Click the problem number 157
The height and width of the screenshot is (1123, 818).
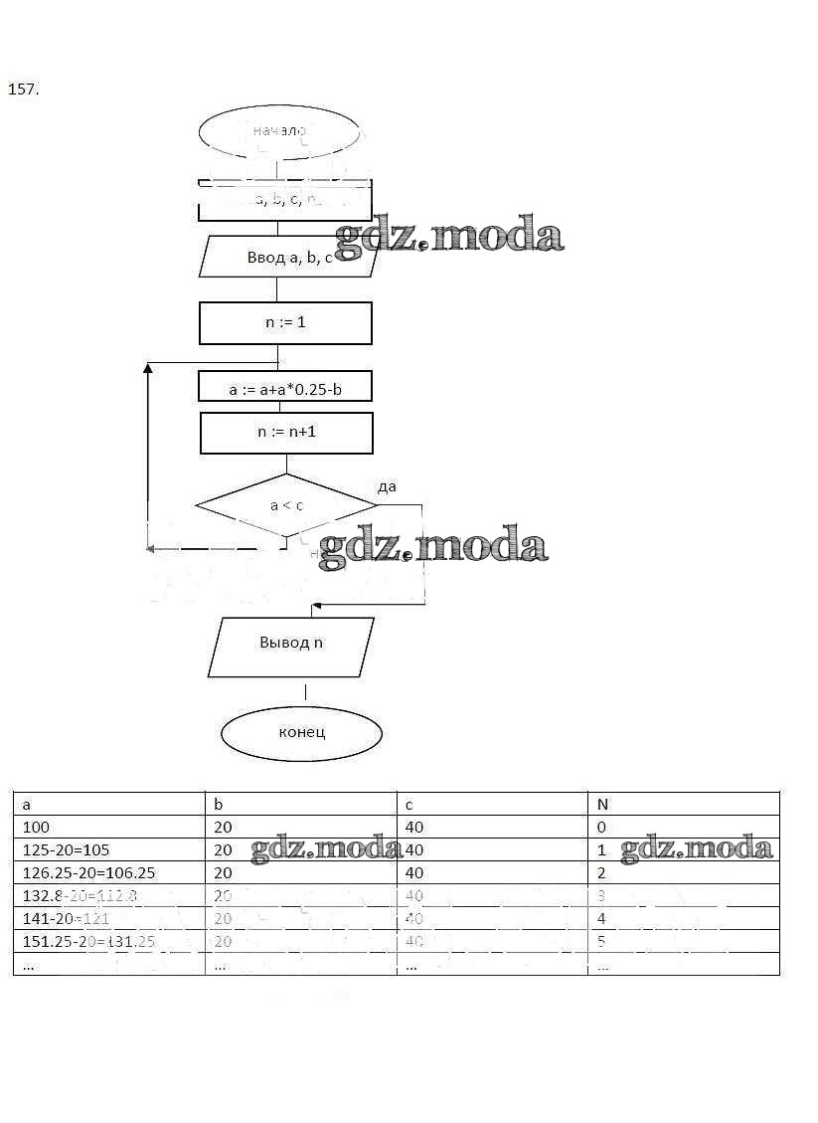[23, 90]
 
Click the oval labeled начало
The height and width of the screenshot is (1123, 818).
[278, 131]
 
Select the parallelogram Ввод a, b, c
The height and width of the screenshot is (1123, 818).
[288, 258]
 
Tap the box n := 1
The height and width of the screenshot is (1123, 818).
[285, 323]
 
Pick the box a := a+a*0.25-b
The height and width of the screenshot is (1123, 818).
[285, 389]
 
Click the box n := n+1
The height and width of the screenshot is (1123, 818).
[286, 434]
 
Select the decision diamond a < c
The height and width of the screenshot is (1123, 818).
[286, 505]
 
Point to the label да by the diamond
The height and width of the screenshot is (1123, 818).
[387, 486]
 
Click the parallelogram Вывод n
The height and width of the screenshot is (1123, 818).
[291, 644]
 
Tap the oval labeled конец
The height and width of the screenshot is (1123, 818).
[301, 733]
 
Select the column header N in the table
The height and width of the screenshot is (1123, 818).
[602, 804]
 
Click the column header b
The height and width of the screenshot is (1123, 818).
[219, 804]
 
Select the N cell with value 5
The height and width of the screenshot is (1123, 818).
[601, 941]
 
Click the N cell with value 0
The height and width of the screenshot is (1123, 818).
[601, 828]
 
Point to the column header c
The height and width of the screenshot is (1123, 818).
[409, 804]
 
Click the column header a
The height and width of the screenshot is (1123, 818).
[27, 804]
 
